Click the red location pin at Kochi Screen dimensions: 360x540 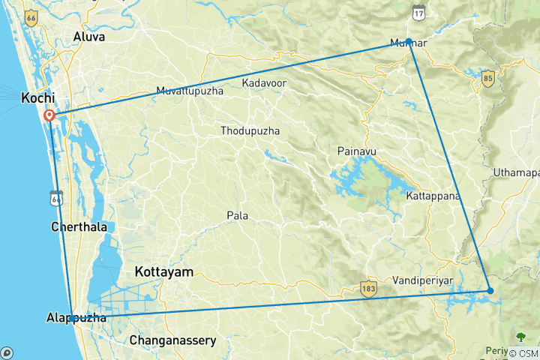[x=49, y=115]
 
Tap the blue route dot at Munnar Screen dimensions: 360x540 [x=409, y=42]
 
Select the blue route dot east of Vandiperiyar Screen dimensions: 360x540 [x=490, y=290]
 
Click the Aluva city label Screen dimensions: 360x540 [x=89, y=36]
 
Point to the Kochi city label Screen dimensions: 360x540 [x=37, y=97]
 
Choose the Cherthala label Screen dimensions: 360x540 [x=78, y=226]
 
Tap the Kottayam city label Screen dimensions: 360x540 [x=163, y=271]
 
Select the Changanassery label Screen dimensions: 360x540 [x=173, y=340]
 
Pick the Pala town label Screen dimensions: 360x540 [x=237, y=216]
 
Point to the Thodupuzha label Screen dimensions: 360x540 [x=250, y=131]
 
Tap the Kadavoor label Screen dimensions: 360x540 [x=265, y=82]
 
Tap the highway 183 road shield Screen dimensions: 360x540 [x=367, y=289]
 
